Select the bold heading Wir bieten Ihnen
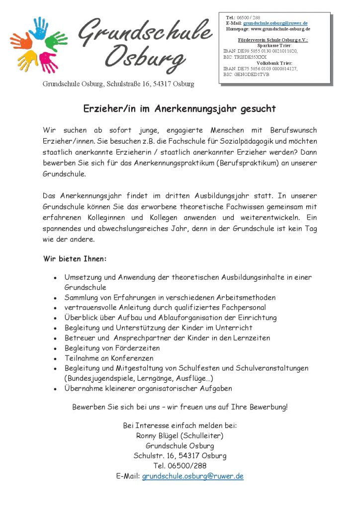75,259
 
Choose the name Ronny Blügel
158,436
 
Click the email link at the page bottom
192,476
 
